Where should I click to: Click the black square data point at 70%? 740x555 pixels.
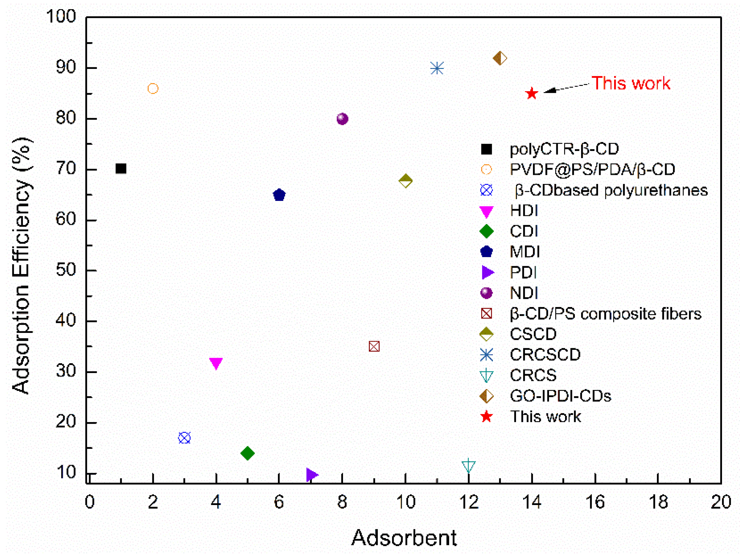[121, 169]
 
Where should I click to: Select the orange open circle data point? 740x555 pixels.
[153, 89]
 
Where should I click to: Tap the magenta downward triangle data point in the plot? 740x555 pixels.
[216, 363]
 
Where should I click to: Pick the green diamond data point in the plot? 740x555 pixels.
[248, 453]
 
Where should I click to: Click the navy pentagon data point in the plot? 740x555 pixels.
[279, 195]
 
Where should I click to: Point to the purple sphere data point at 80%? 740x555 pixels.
[342, 119]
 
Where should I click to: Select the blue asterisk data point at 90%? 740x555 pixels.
[437, 69]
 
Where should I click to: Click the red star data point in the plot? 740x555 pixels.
[532, 93]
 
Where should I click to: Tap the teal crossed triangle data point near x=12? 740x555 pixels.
[468, 466]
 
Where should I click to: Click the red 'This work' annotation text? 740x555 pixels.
[631, 83]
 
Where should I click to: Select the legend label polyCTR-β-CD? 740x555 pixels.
[564, 149]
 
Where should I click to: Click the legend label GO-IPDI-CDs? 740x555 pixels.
[560, 396]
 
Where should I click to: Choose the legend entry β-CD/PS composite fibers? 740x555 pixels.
[605, 314]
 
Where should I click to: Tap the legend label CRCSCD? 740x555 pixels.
[545, 354]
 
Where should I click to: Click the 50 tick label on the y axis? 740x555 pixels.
[66, 270]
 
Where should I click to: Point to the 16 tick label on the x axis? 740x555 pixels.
[595, 502]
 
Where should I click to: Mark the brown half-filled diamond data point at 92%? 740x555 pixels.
[500, 58]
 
